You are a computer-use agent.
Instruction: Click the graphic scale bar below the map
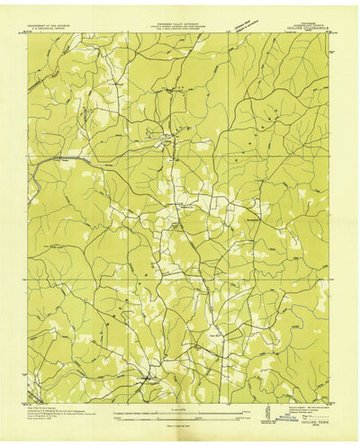click(x=180, y=415)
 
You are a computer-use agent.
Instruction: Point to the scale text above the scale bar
click(x=180, y=408)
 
